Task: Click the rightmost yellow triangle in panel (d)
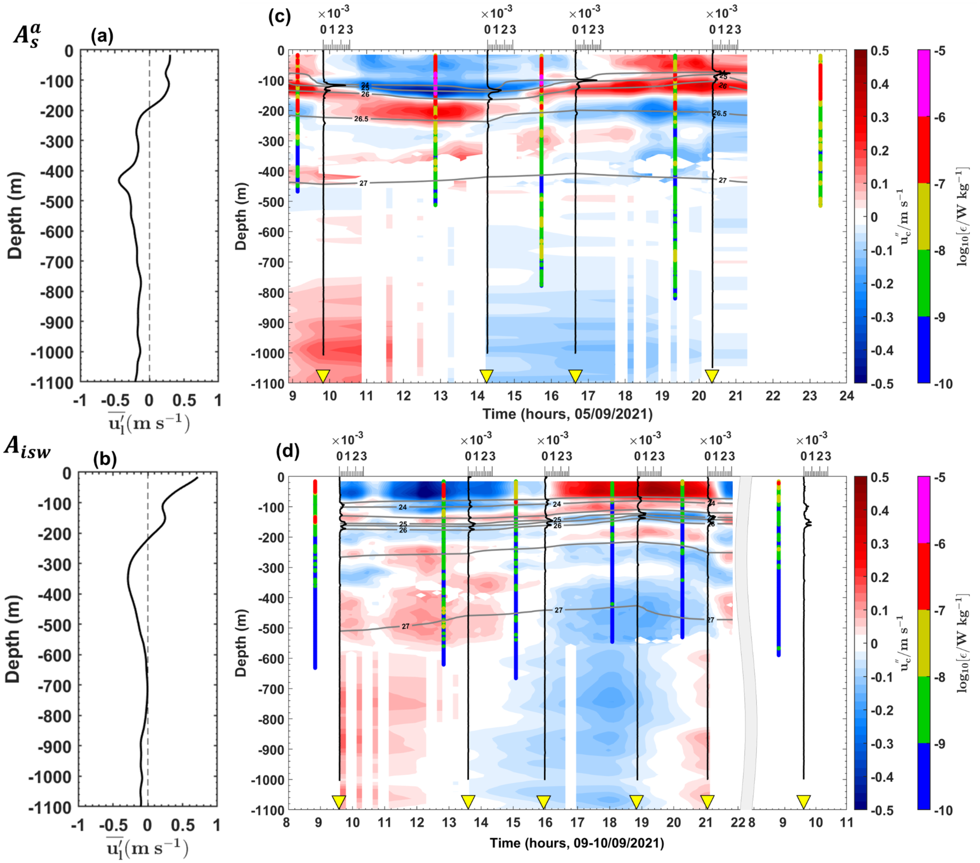pyautogui.click(x=804, y=802)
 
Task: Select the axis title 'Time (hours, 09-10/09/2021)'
pyautogui.click(x=577, y=843)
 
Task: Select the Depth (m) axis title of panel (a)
pyautogui.click(x=15, y=216)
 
